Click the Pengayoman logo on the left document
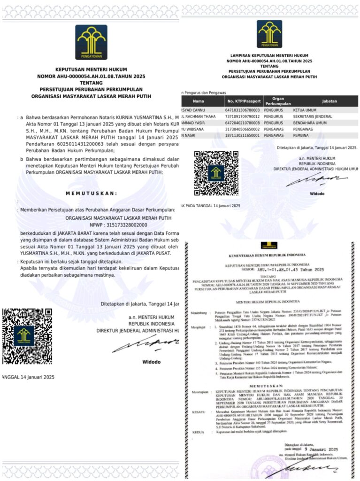[91, 42]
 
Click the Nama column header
[199, 101]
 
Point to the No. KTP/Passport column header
[243, 101]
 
